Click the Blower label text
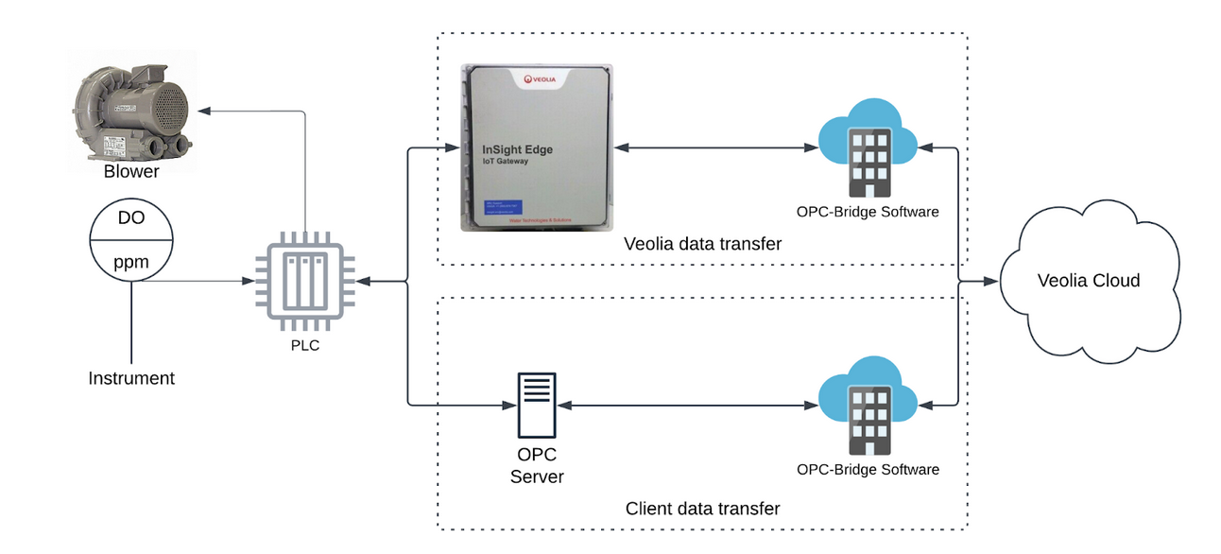pyautogui.click(x=131, y=172)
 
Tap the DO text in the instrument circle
pyautogui.click(x=131, y=218)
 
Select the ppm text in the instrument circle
pyautogui.click(x=131, y=262)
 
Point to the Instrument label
pyautogui.click(x=131, y=378)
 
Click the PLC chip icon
pyautogui.click(x=302, y=282)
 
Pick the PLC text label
pyautogui.click(x=304, y=345)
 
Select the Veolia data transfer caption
pyautogui.click(x=702, y=244)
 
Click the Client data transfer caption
pyautogui.click(x=702, y=509)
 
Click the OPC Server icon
pyautogui.click(x=537, y=405)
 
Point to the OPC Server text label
pyautogui.click(x=537, y=465)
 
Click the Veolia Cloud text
pyautogui.click(x=1089, y=281)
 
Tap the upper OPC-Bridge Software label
pyautogui.click(x=868, y=212)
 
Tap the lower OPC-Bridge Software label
pyautogui.click(x=868, y=469)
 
